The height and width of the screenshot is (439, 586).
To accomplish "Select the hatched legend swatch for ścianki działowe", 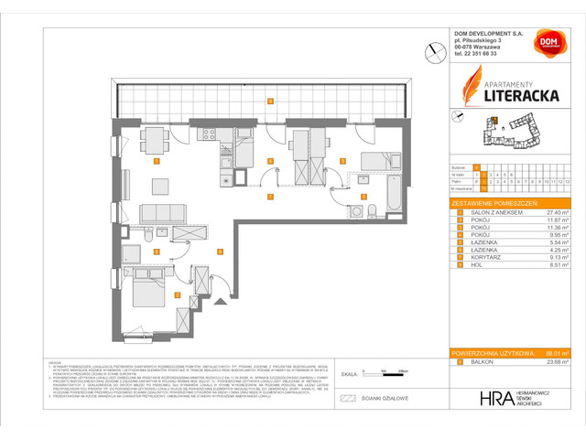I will (x=347, y=399).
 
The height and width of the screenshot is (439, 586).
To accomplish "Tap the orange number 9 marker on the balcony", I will (x=269, y=101).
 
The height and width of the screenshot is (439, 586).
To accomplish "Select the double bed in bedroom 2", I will (x=147, y=291).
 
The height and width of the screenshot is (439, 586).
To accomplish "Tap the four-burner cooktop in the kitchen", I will (x=207, y=137).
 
